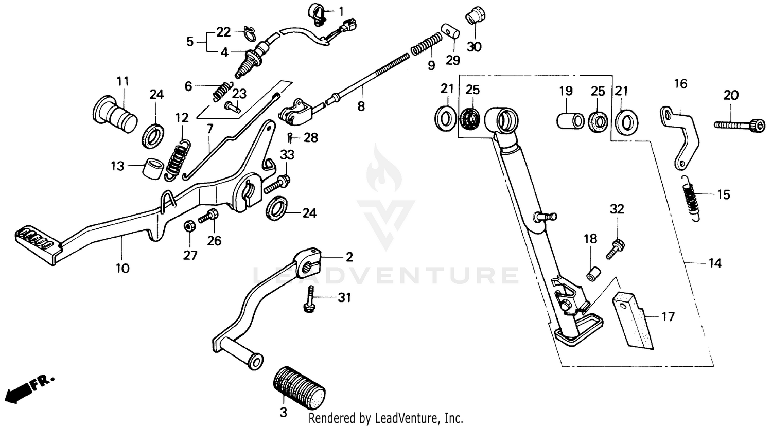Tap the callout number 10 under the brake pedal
click(122, 268)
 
